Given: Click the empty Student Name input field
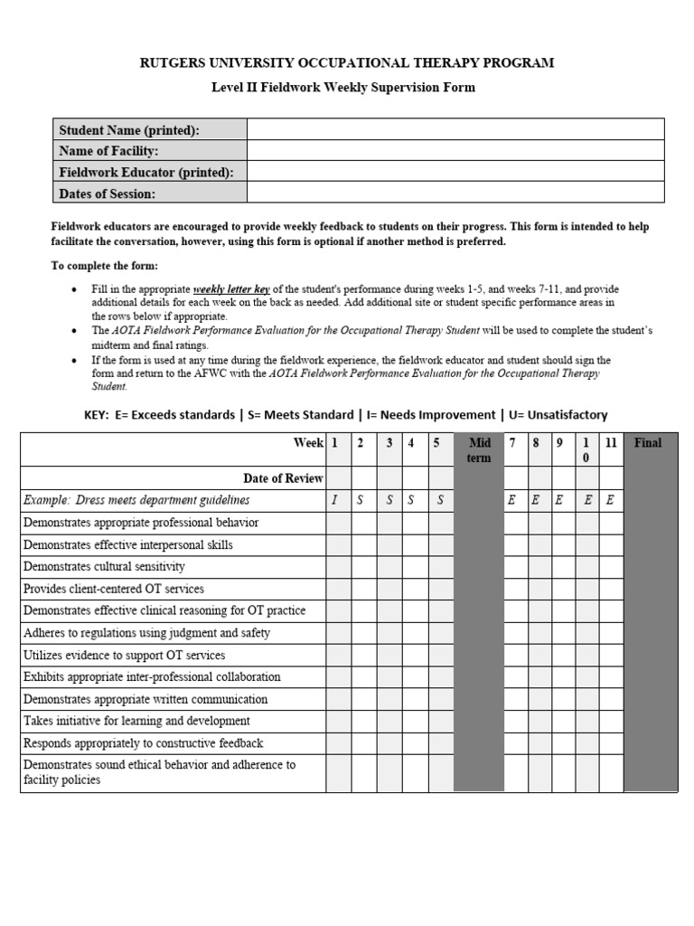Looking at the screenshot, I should (x=455, y=129).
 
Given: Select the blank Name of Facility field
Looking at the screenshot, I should (x=455, y=151).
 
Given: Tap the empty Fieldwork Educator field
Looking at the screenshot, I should (x=455, y=172).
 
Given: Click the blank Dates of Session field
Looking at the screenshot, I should (x=455, y=194).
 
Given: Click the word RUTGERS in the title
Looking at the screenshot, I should (x=178, y=62).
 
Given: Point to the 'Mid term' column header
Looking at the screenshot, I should (x=479, y=449).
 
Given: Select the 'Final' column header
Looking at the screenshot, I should (x=648, y=443).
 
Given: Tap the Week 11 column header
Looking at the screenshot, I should (x=611, y=443).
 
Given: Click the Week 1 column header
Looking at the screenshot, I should (x=335, y=443).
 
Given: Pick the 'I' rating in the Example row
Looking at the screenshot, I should (x=335, y=500).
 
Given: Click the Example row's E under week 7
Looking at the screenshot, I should (x=512, y=500).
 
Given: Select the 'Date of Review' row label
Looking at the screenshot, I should (x=283, y=477).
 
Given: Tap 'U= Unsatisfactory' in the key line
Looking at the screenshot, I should (x=556, y=415).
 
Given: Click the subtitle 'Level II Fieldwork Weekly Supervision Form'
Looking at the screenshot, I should (x=342, y=88).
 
